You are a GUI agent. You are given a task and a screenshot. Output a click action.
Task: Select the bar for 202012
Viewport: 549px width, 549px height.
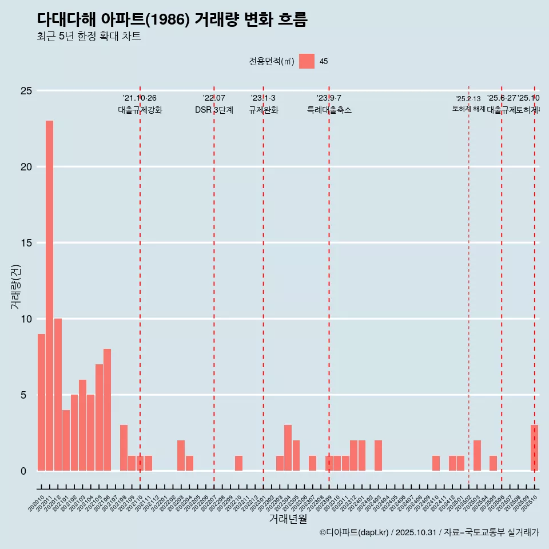point(58,395)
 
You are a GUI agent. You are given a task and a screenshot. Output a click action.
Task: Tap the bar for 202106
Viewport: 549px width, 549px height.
point(107,409)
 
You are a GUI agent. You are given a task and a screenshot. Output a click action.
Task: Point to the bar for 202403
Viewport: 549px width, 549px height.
point(378,455)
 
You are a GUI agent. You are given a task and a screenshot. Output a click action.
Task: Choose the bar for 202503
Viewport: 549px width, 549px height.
point(477,455)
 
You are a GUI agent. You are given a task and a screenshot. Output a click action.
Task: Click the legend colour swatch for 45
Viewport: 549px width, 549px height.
point(307,61)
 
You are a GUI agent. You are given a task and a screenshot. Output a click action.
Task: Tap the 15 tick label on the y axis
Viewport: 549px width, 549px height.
point(25,243)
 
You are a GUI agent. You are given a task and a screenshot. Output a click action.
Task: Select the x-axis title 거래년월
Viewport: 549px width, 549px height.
point(288,519)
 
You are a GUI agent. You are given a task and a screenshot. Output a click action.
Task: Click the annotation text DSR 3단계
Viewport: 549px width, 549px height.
point(214,110)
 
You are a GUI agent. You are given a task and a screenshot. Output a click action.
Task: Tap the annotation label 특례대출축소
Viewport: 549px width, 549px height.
point(329,110)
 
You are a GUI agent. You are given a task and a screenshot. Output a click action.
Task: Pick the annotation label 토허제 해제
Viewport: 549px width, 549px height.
point(468,109)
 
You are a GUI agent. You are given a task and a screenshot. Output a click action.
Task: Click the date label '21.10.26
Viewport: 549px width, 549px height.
point(140,98)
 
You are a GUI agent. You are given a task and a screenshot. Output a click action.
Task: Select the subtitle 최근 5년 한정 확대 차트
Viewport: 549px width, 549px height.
point(89,37)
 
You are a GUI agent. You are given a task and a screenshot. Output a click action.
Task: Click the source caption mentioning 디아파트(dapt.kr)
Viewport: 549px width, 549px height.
point(429,533)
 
